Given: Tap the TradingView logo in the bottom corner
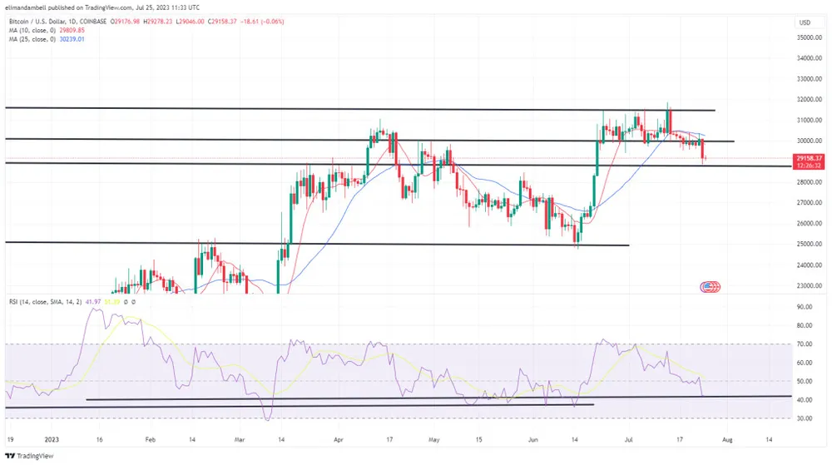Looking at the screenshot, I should coord(26,456).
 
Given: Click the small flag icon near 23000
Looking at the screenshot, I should coord(710,286).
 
